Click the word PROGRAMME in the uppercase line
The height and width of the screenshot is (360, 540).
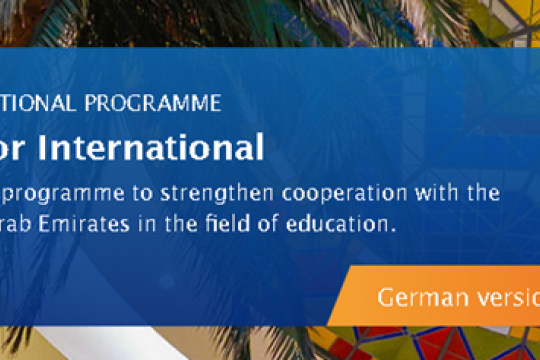161,103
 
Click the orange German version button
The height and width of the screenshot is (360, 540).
440,297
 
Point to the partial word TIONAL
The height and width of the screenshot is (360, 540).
36,103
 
